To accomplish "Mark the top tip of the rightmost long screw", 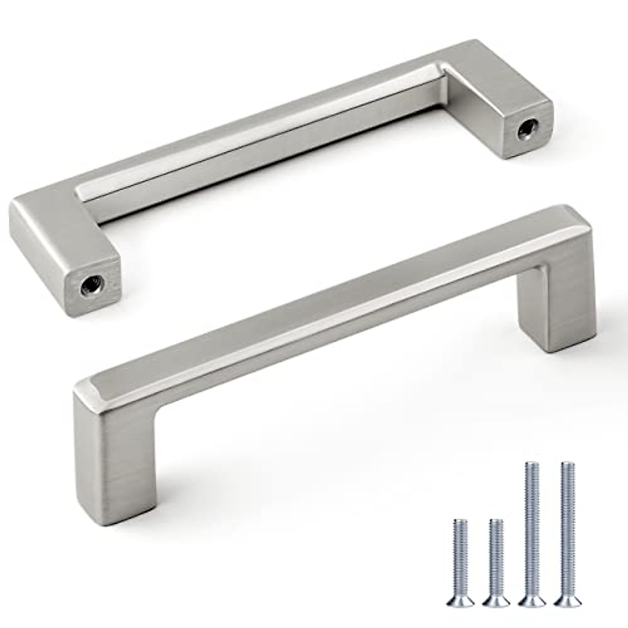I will click(566, 465).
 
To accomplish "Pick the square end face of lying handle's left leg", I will click(92, 285).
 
